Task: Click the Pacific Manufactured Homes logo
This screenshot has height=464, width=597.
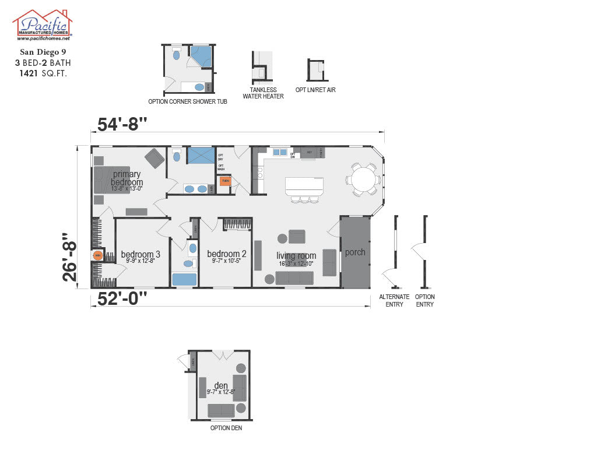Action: click(43, 25)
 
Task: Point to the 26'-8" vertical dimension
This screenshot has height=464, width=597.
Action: click(71, 256)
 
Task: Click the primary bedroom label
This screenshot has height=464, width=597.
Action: click(127, 178)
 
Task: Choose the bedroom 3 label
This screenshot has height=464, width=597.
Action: click(141, 255)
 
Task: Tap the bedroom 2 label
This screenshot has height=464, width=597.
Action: click(226, 254)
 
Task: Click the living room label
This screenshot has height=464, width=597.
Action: click(296, 256)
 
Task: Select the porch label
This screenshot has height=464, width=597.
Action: click(355, 252)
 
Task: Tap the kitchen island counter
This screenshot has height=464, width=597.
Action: click(304, 186)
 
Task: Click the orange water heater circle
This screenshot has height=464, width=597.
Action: click(98, 255)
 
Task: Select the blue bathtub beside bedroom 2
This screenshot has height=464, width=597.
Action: click(184, 279)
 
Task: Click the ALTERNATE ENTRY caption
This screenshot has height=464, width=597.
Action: click(394, 301)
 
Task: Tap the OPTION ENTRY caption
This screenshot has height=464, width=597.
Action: click(425, 301)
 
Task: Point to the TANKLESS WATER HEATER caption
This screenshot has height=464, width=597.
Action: click(263, 93)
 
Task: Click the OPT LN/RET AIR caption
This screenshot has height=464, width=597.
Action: click(315, 90)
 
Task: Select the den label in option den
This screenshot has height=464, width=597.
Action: click(221, 386)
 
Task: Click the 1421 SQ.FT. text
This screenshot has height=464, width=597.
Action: click(43, 73)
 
